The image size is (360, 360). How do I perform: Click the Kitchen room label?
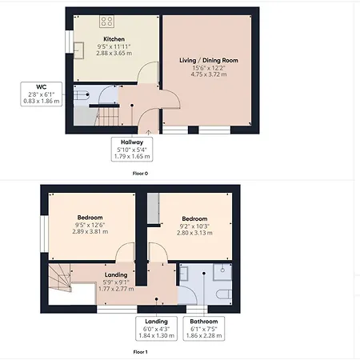pyautogui.click(x=114, y=39)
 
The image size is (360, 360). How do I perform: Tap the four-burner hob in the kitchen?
pyautogui.click(x=106, y=22)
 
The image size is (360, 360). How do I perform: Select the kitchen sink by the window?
pyautogui.click(x=79, y=50)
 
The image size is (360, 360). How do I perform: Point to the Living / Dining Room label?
pyautogui.click(x=209, y=61)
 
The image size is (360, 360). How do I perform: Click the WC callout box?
pyautogui.click(x=42, y=94)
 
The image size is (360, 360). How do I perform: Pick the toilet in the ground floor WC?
pyautogui.click(x=81, y=94)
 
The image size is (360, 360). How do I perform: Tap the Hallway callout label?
pyautogui.click(x=132, y=150)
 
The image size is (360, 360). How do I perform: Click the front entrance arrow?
pyautogui.click(x=148, y=132)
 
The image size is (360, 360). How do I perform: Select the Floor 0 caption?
pyautogui.click(x=140, y=174)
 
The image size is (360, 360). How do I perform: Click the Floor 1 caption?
pyautogui.click(x=140, y=352)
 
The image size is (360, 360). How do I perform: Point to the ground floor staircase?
pyautogui.click(x=106, y=116)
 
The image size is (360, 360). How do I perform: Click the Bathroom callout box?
pyautogui.click(x=204, y=329)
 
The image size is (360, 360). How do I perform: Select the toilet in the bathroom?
pyautogui.click(x=223, y=294)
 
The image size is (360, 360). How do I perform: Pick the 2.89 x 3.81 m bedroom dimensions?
pyautogui.click(x=90, y=232)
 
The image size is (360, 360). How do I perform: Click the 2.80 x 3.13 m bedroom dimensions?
pyautogui.click(x=194, y=233)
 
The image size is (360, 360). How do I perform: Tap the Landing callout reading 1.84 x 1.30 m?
pyautogui.click(x=157, y=329)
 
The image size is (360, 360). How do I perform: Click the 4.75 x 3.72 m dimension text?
pyautogui.click(x=209, y=74)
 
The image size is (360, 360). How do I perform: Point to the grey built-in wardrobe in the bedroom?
pyautogui.click(x=154, y=208)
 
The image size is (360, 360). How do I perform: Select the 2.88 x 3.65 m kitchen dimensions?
pyautogui.click(x=114, y=53)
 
